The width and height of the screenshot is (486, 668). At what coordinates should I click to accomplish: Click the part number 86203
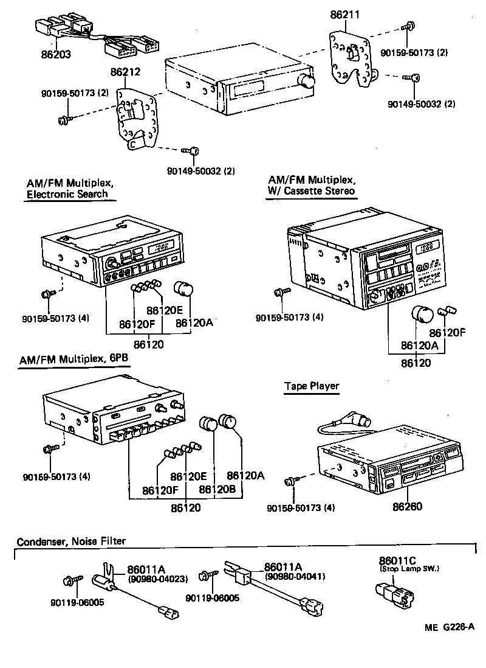tap(55, 54)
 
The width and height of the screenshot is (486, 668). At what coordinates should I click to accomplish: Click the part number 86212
tap(126, 72)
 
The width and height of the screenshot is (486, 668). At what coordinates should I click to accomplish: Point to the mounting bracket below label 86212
tap(137, 119)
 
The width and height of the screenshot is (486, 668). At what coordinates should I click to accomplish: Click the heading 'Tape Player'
tap(312, 386)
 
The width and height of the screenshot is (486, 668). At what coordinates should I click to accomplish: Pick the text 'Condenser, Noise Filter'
tap(72, 541)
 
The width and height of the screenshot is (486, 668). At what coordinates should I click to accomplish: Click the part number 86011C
tap(398, 561)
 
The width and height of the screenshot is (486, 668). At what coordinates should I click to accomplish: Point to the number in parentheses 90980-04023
tap(157, 579)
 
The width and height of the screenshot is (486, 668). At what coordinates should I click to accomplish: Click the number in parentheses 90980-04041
tap(295, 576)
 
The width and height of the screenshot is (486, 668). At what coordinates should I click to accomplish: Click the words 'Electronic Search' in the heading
tap(67, 194)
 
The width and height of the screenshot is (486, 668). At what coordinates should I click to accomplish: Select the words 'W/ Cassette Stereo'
tap(312, 191)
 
